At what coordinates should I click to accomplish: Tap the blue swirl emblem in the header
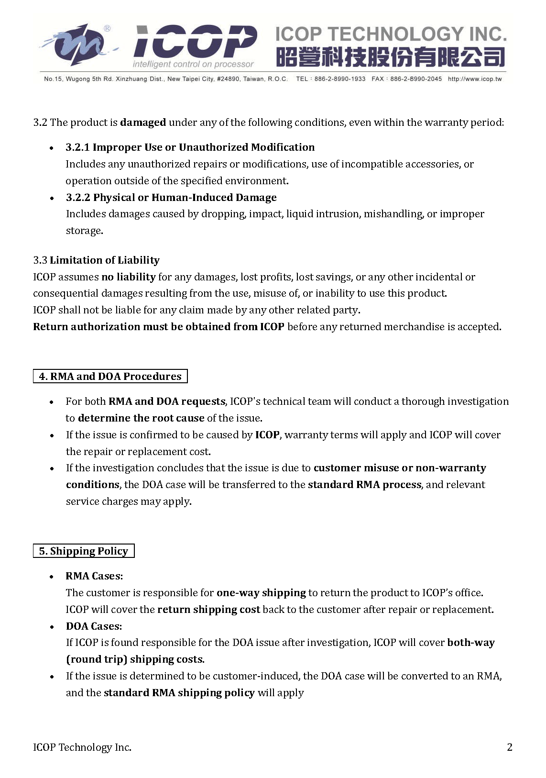[76, 44]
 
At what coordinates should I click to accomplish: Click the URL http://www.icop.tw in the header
[474, 79]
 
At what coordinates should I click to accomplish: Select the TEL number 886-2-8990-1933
[339, 79]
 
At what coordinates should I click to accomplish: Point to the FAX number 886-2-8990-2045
[415, 79]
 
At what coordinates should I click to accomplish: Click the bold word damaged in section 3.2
[143, 122]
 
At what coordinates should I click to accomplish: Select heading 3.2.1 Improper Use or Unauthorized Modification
[190, 147]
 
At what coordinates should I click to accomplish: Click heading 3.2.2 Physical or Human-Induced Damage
[171, 198]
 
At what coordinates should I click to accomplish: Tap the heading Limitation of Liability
[104, 260]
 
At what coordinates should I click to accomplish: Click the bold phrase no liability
[128, 277]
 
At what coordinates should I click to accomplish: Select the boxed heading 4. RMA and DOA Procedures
[110, 377]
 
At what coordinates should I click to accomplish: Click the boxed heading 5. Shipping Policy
[84, 551]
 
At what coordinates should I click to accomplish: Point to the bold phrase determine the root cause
[141, 418]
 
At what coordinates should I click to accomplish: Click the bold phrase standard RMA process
[364, 485]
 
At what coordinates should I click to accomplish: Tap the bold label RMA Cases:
[94, 576]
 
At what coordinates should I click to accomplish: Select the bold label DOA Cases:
[94, 626]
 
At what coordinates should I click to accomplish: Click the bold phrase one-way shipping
[261, 593]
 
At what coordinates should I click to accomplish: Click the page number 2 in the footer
[509, 747]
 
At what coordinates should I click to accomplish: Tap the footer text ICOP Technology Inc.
[82, 747]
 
